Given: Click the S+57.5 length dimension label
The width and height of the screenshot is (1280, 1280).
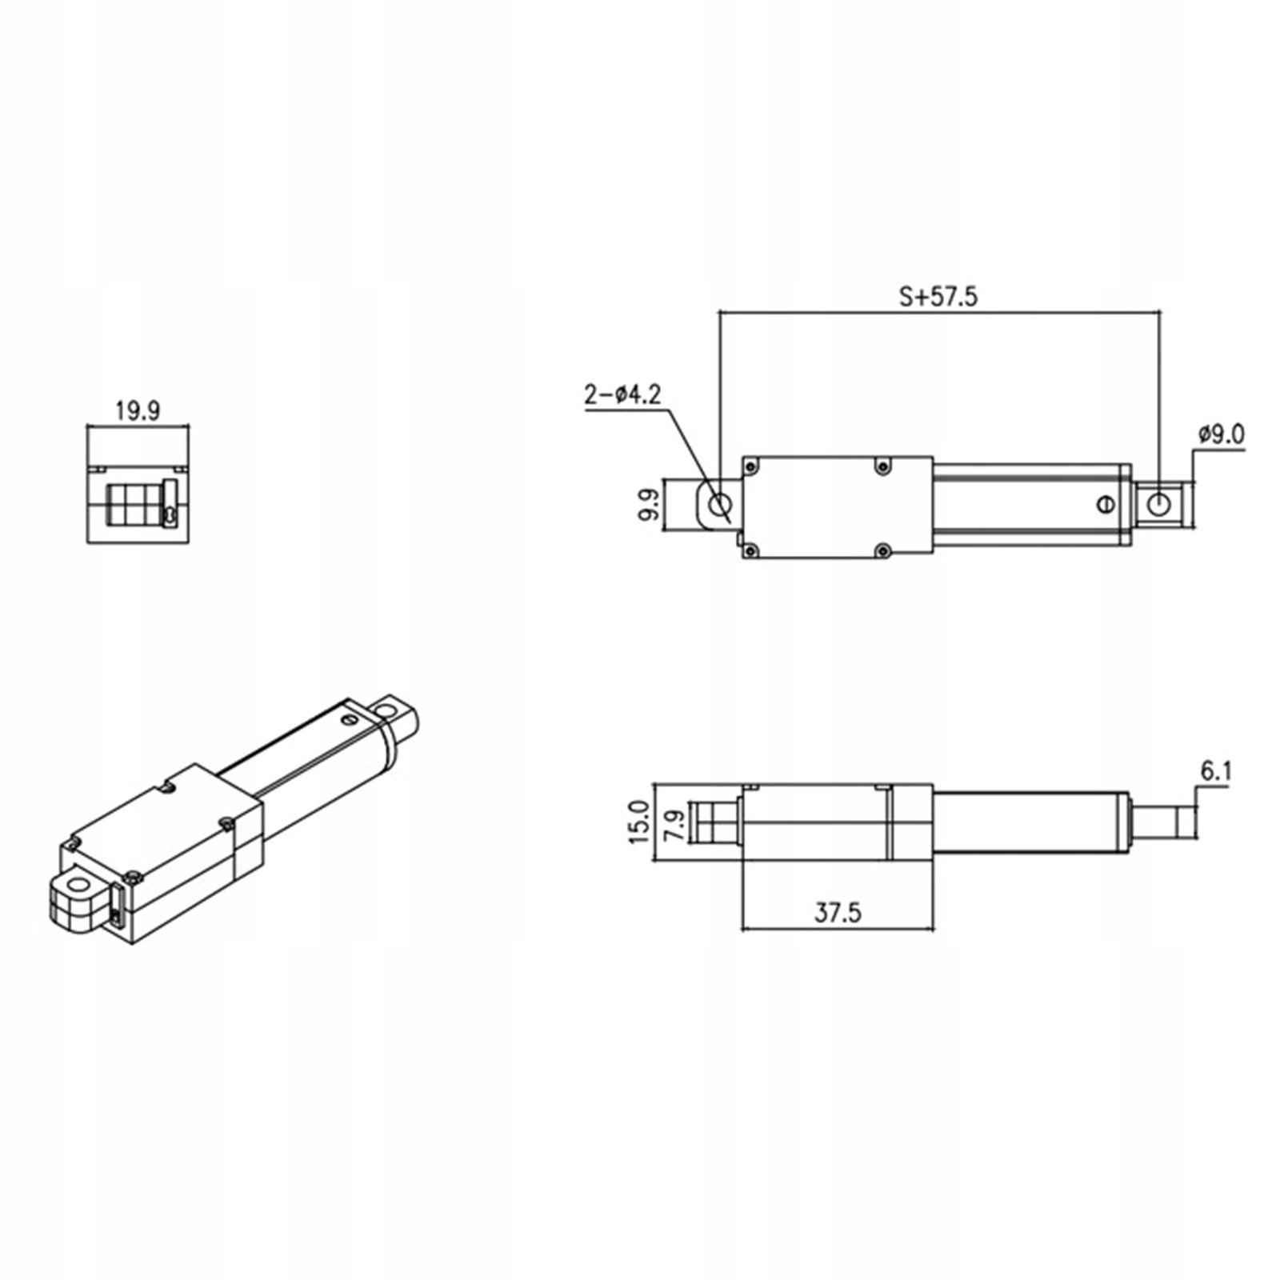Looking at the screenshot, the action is [938, 298].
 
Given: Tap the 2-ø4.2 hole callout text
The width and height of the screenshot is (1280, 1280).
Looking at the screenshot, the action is [623, 395].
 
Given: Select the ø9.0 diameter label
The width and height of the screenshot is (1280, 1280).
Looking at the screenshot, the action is [1222, 435].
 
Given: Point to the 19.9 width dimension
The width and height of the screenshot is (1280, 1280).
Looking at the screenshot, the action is [138, 411].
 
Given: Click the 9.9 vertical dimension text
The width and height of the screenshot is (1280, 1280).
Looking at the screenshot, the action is [649, 505].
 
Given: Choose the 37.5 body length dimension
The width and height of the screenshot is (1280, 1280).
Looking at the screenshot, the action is [838, 913].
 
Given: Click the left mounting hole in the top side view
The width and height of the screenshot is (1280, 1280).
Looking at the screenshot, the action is [720, 505].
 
